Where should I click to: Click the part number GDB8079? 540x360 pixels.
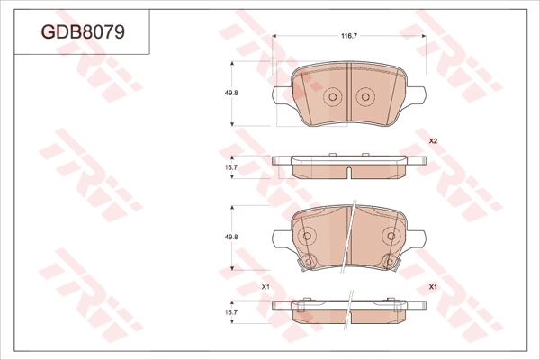click(x=83, y=32)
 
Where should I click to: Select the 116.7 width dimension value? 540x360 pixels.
click(x=349, y=36)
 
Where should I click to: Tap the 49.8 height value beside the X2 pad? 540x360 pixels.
click(x=231, y=93)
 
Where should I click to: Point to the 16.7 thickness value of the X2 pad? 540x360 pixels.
click(x=231, y=167)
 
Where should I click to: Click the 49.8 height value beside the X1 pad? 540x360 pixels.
click(x=231, y=237)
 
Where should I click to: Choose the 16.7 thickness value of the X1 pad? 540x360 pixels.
click(x=231, y=312)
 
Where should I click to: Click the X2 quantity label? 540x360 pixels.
click(x=433, y=141)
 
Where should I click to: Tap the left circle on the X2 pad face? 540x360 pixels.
click(x=333, y=97)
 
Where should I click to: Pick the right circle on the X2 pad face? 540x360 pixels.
click(x=365, y=97)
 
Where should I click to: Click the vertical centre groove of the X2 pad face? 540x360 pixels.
click(x=349, y=94)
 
